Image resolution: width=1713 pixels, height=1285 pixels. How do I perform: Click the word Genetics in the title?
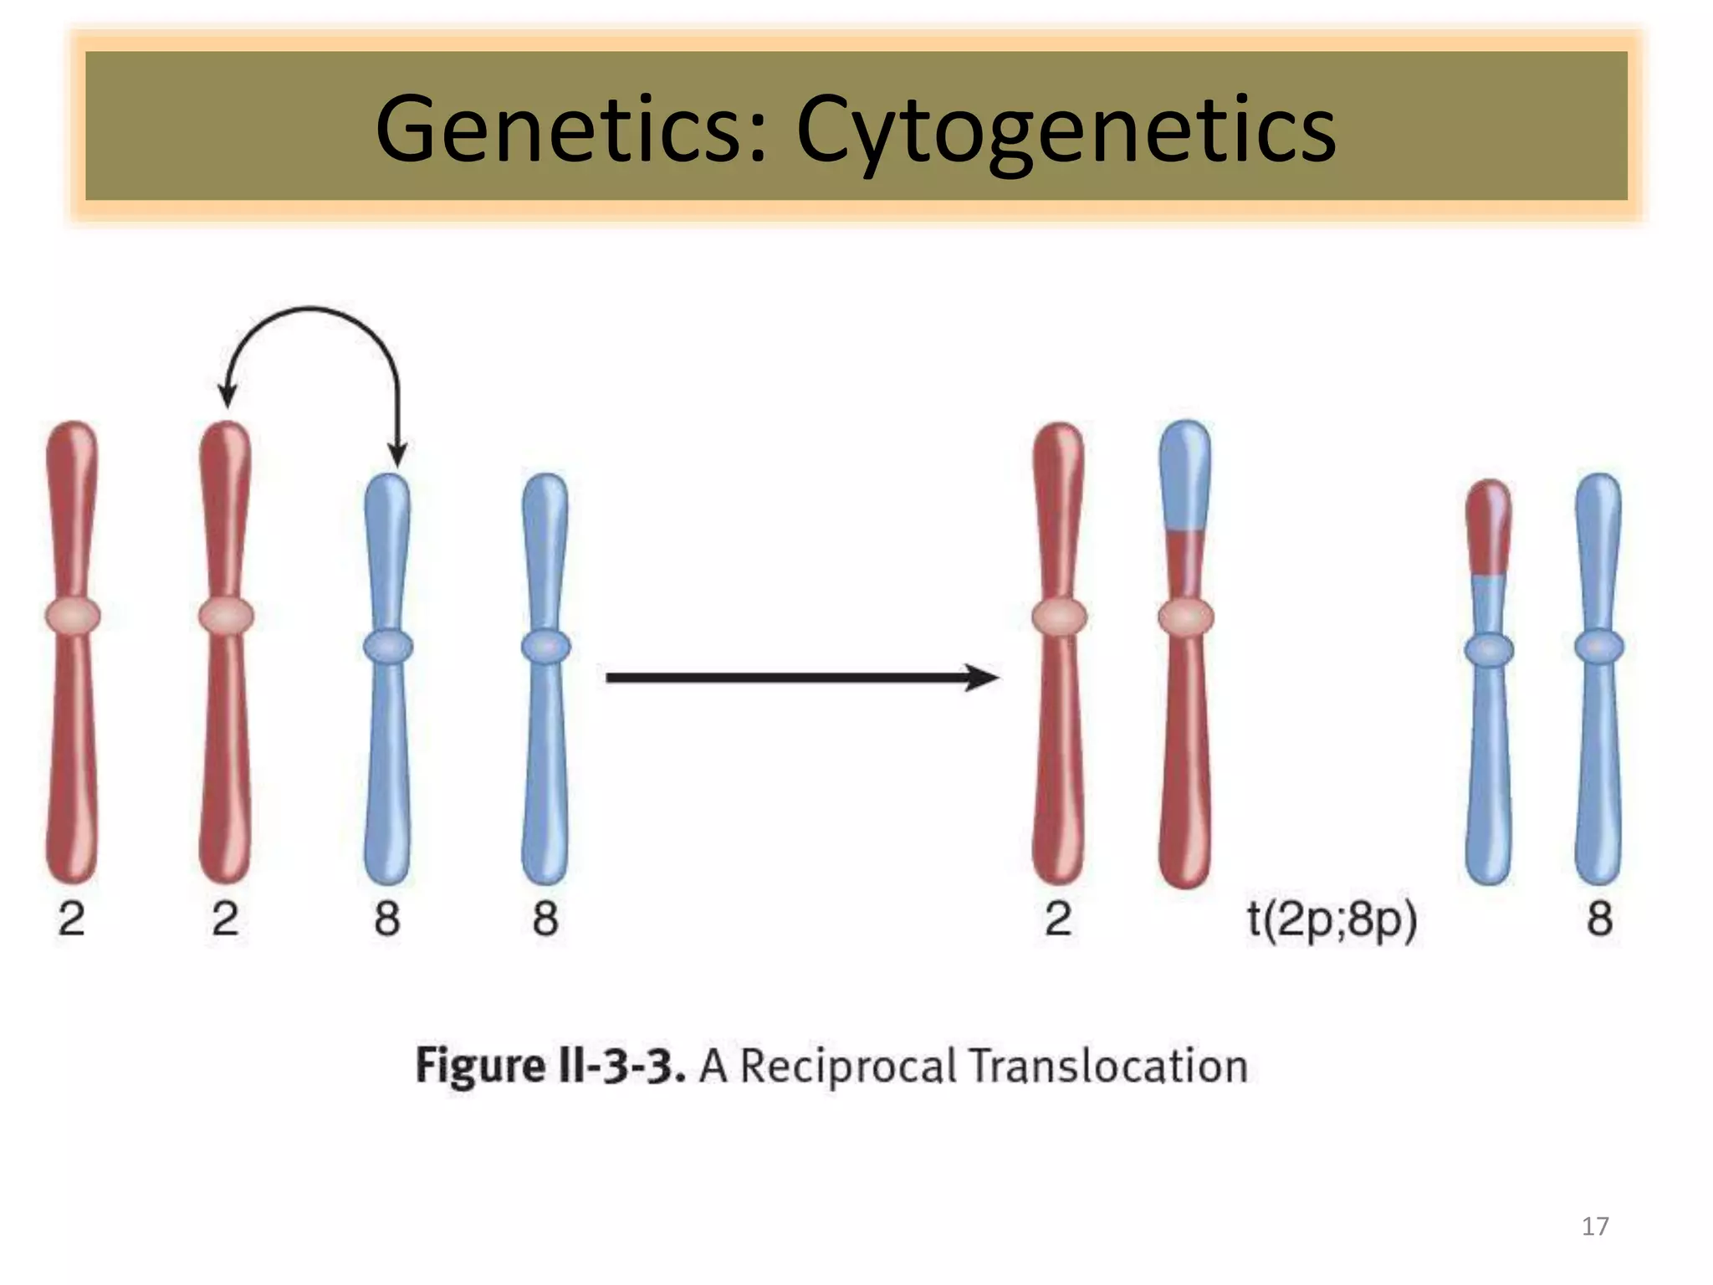pyautogui.click(x=569, y=130)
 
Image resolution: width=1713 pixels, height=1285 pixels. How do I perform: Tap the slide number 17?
pyautogui.click(x=1594, y=1226)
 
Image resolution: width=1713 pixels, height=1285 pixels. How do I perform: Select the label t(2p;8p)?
pyautogui.click(x=1332, y=919)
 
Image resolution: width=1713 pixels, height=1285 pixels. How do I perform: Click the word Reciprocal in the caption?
pyautogui.click(x=847, y=1067)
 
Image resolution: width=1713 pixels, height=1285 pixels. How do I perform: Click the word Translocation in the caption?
pyautogui.click(x=1107, y=1067)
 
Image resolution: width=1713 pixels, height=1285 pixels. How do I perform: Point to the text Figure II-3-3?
pyautogui.click(x=550, y=1067)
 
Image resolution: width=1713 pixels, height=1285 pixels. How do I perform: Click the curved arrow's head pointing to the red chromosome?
pyautogui.click(x=227, y=396)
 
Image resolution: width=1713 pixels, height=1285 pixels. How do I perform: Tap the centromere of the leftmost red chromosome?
pyautogui.click(x=73, y=616)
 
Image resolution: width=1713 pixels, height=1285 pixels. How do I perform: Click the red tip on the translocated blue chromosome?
pyautogui.click(x=1489, y=527)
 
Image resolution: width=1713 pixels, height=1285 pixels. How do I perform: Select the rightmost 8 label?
pyautogui.click(x=1599, y=919)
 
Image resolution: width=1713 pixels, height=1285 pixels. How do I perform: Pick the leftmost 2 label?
pyautogui.click(x=71, y=919)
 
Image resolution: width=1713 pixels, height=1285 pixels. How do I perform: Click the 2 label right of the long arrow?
pyautogui.click(x=1058, y=919)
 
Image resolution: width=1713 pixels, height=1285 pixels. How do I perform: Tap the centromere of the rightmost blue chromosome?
pyautogui.click(x=1598, y=647)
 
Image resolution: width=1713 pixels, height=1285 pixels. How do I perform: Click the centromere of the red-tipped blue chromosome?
pyautogui.click(x=1489, y=649)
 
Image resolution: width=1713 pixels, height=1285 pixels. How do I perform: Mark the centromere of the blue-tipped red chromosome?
pyautogui.click(x=1185, y=617)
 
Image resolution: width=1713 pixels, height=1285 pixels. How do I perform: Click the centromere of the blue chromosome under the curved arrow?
pyautogui.click(x=388, y=647)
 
